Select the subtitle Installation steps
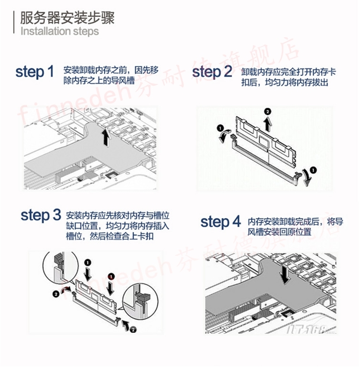(x=59, y=31)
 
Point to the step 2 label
(x=212, y=72)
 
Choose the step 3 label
(x=40, y=215)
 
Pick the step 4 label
(x=221, y=222)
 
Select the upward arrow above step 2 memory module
(x=268, y=124)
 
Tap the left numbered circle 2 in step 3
(x=55, y=294)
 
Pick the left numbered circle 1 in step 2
(x=220, y=128)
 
